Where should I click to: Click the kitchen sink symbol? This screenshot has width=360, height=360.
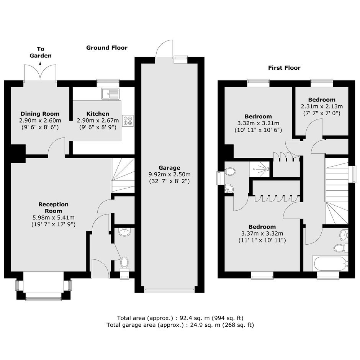(x=110, y=93)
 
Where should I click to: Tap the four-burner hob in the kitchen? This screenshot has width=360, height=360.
(x=128, y=121)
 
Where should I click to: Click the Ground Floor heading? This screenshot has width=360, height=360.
(x=107, y=48)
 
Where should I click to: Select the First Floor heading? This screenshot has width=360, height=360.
(x=284, y=68)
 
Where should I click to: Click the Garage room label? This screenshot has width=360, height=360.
(x=169, y=168)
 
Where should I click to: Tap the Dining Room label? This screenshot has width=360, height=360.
(x=40, y=114)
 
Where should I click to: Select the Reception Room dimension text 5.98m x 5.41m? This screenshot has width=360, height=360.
(x=54, y=218)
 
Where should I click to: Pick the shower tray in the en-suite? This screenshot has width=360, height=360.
(x=259, y=169)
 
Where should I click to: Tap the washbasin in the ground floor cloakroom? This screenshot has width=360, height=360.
(x=124, y=232)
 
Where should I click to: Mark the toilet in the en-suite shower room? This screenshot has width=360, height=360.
(x=229, y=171)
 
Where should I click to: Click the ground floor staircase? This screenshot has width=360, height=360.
(x=123, y=175)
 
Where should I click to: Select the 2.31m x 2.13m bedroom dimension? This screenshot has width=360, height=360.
(x=322, y=106)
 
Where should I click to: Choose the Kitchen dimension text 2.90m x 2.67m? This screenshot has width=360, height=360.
(x=98, y=121)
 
